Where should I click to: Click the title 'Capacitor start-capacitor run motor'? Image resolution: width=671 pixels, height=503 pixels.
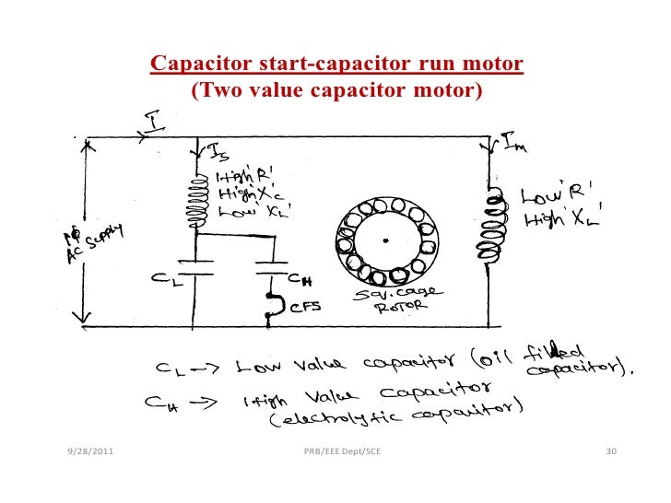336,64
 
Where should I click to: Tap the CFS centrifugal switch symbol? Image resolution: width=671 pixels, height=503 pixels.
273,306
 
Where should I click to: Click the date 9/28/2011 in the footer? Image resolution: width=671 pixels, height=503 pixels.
91,451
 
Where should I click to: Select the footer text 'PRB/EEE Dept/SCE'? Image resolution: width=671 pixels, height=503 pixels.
342,451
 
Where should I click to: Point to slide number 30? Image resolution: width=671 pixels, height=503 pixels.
609,451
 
